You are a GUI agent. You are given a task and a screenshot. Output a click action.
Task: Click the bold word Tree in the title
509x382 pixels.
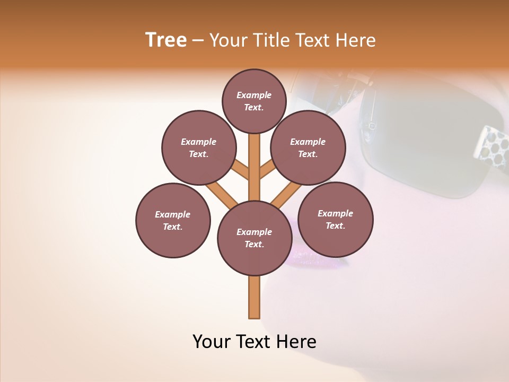click(166, 40)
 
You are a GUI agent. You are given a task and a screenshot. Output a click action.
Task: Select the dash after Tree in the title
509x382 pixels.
click(198, 41)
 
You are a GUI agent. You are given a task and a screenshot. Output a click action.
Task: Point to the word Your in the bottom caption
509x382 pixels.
click(212, 342)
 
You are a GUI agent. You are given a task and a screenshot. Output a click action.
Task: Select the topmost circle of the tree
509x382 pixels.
click(254, 101)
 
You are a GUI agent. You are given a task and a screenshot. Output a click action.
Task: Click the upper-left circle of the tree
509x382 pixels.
click(199, 147)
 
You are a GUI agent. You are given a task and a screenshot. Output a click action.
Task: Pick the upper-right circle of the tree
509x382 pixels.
click(308, 147)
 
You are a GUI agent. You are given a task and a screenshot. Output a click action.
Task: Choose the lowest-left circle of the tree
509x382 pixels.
click(173, 220)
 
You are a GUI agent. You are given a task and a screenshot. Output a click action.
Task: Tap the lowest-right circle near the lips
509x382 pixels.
click(335, 219)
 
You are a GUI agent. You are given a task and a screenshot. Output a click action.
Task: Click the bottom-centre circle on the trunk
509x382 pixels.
click(254, 238)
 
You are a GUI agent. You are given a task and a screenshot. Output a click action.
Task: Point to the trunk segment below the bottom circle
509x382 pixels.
click(254, 297)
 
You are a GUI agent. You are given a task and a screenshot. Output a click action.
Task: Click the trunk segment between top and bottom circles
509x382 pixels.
click(254, 167)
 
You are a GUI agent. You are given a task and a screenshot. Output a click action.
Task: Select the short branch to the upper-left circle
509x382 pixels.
click(240, 170)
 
